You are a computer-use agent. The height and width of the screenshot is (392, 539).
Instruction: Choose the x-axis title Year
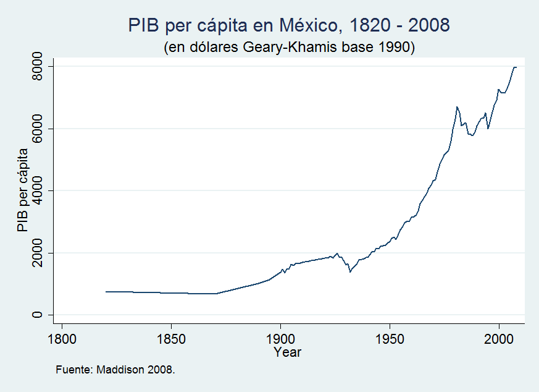coord(287,352)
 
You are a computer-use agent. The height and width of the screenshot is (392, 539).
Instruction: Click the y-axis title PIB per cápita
coord(23,190)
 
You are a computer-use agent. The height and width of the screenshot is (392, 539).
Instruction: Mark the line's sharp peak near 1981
coord(457,107)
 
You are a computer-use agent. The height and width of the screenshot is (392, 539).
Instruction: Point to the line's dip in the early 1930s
coord(350,271)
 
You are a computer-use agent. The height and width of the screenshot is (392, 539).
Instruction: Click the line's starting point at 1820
coord(106,292)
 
